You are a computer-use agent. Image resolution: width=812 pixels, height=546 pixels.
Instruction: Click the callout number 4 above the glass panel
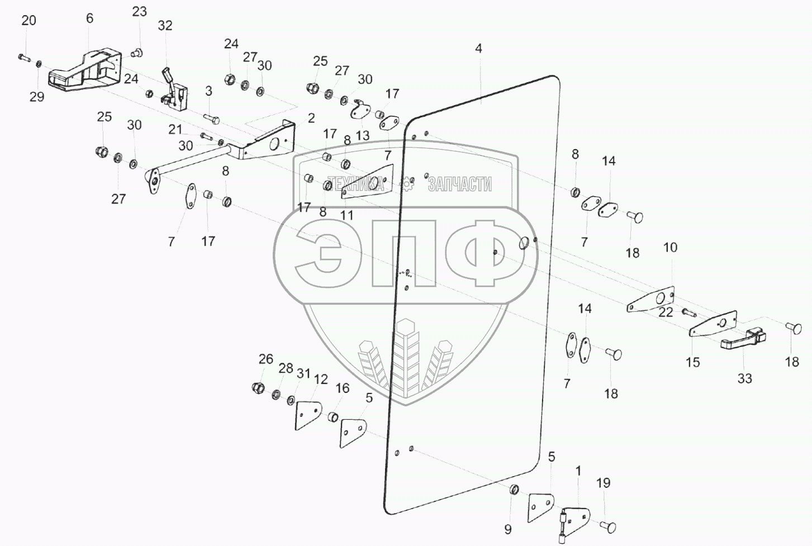click(x=478, y=49)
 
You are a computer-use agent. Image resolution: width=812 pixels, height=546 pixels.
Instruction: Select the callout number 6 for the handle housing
click(x=90, y=18)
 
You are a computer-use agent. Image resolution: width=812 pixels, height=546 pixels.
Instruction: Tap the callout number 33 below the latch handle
click(x=745, y=378)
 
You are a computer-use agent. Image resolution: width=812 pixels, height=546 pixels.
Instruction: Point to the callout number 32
click(x=165, y=26)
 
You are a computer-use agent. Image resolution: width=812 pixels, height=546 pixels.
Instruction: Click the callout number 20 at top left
click(x=29, y=21)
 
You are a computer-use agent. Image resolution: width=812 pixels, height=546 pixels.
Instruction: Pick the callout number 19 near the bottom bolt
click(x=604, y=483)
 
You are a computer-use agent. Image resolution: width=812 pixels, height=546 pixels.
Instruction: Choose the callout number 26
click(x=266, y=359)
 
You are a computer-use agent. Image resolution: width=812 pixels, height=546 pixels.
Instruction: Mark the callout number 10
click(x=670, y=247)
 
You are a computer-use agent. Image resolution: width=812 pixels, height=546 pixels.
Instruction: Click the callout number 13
click(x=363, y=135)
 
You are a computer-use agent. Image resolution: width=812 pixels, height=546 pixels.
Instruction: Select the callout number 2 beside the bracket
click(x=311, y=118)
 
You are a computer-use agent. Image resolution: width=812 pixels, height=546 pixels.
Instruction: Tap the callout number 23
click(x=139, y=11)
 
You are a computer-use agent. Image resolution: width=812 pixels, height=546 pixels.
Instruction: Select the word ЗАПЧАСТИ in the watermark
click(x=459, y=184)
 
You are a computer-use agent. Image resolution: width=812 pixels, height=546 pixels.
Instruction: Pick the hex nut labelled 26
click(x=259, y=387)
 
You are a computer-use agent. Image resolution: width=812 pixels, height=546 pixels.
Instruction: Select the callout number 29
click(x=37, y=97)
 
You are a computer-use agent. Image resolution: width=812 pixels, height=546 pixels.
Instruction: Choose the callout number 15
click(x=692, y=362)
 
